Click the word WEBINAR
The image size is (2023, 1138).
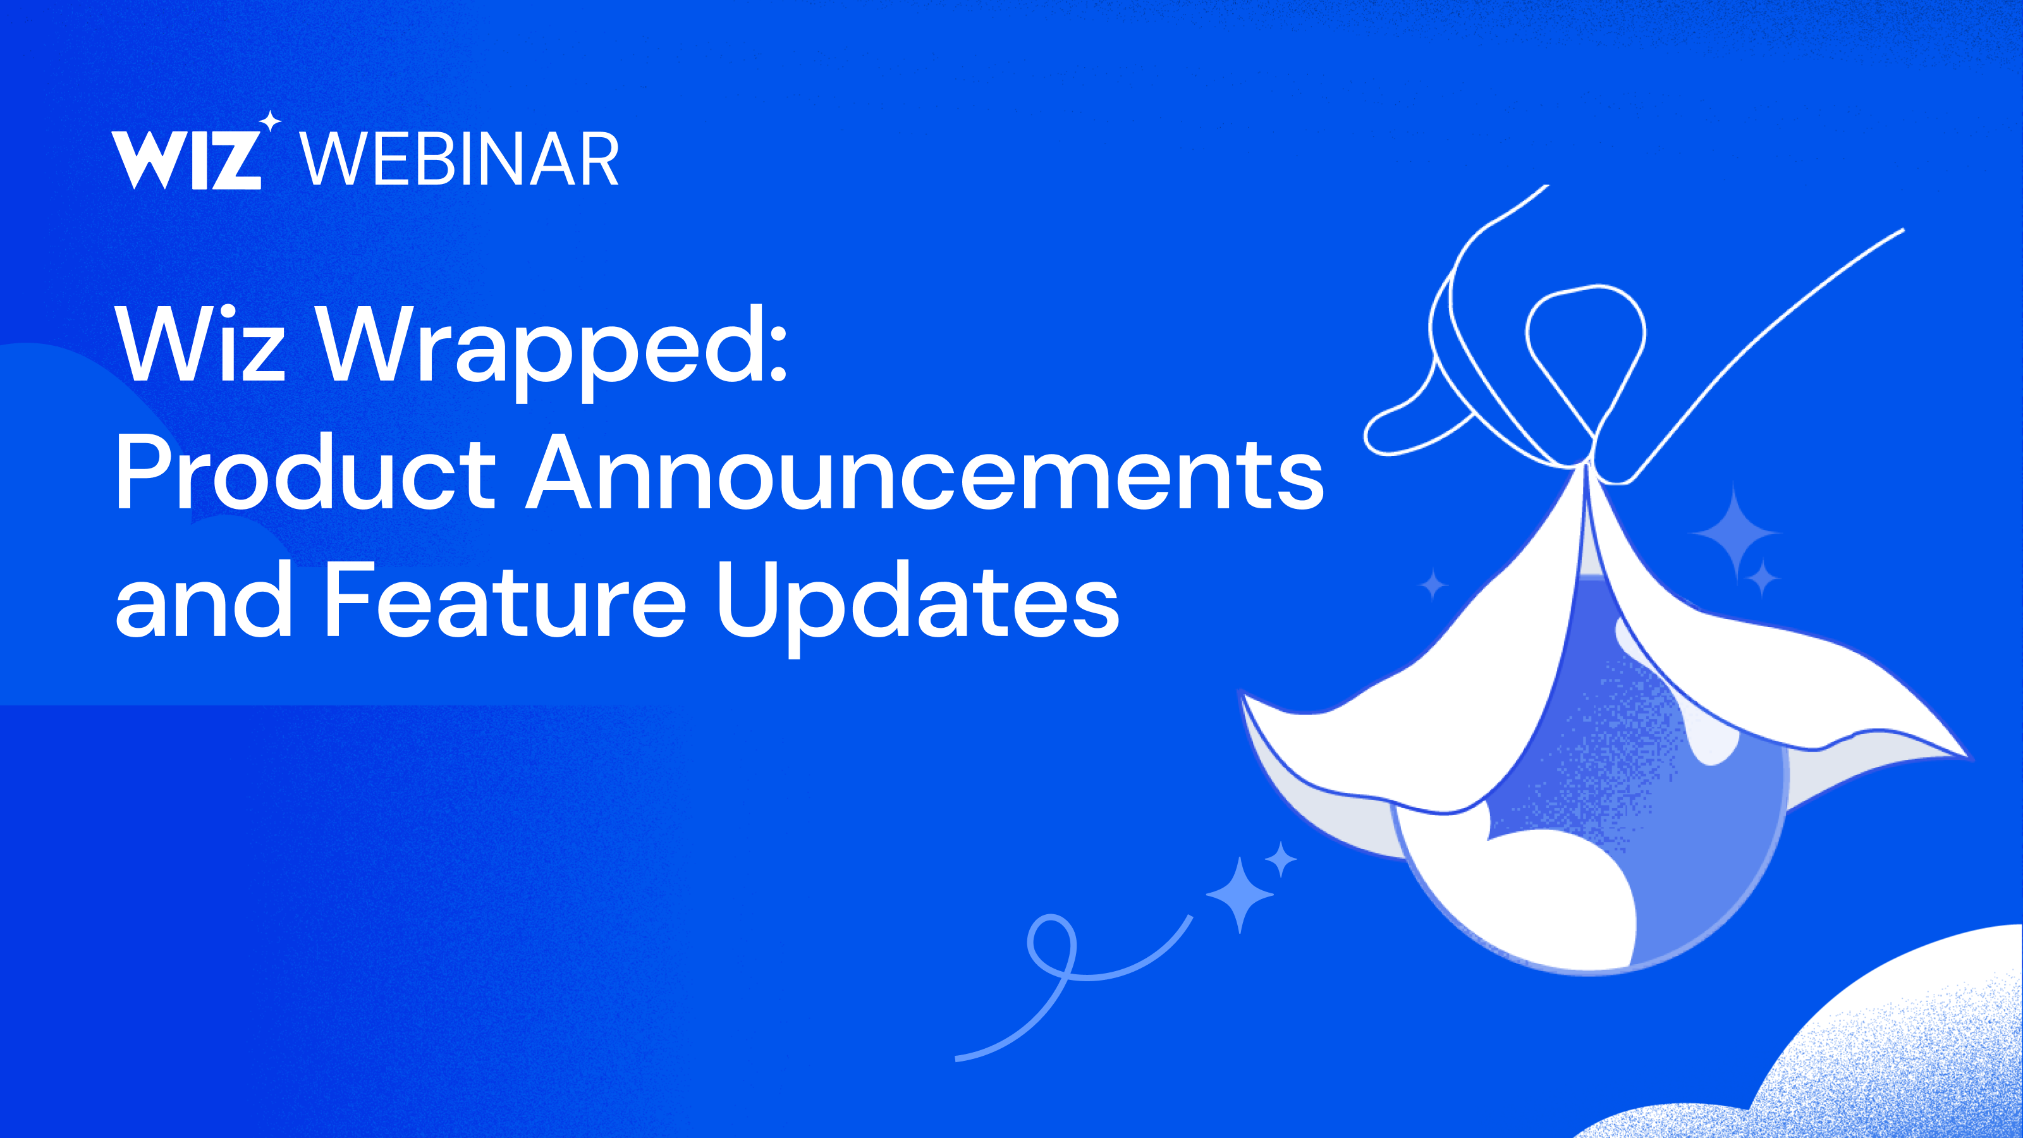tap(460, 159)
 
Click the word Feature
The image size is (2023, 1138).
tap(505, 599)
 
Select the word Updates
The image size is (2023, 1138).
tap(917, 604)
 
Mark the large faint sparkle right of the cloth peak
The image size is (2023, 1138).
tap(1735, 533)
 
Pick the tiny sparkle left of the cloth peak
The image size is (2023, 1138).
tap(1433, 585)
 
